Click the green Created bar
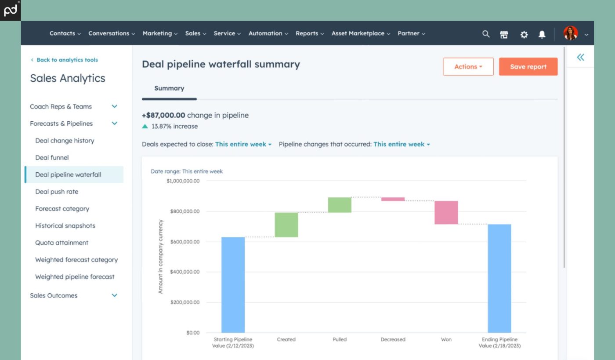tap(286, 225)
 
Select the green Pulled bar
tap(340, 205)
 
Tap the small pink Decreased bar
tap(393, 199)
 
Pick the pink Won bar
tap(446, 212)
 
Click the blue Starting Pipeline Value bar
tap(233, 285)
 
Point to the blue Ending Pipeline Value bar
tap(499, 278)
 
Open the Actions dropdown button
tap(468, 67)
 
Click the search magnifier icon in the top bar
tap(486, 34)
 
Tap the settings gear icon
tap(524, 34)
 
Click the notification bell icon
tap(542, 34)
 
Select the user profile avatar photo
tap(570, 33)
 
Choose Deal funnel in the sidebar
tap(52, 157)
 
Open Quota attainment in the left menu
tap(61, 243)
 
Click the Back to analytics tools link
tap(67, 60)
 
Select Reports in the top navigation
tap(307, 33)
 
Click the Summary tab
tap(169, 88)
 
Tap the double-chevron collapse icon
tap(580, 57)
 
